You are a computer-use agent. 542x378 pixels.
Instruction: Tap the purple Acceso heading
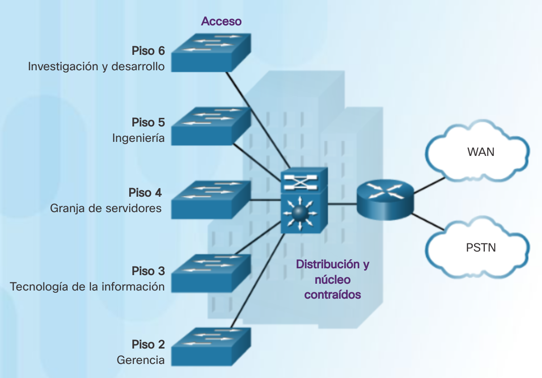tap(221, 21)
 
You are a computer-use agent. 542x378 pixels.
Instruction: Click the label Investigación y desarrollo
tap(96, 66)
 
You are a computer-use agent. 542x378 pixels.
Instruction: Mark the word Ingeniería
tap(138, 138)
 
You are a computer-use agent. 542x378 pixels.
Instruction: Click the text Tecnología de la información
tap(87, 286)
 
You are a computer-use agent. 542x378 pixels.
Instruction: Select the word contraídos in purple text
tap(332, 295)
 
